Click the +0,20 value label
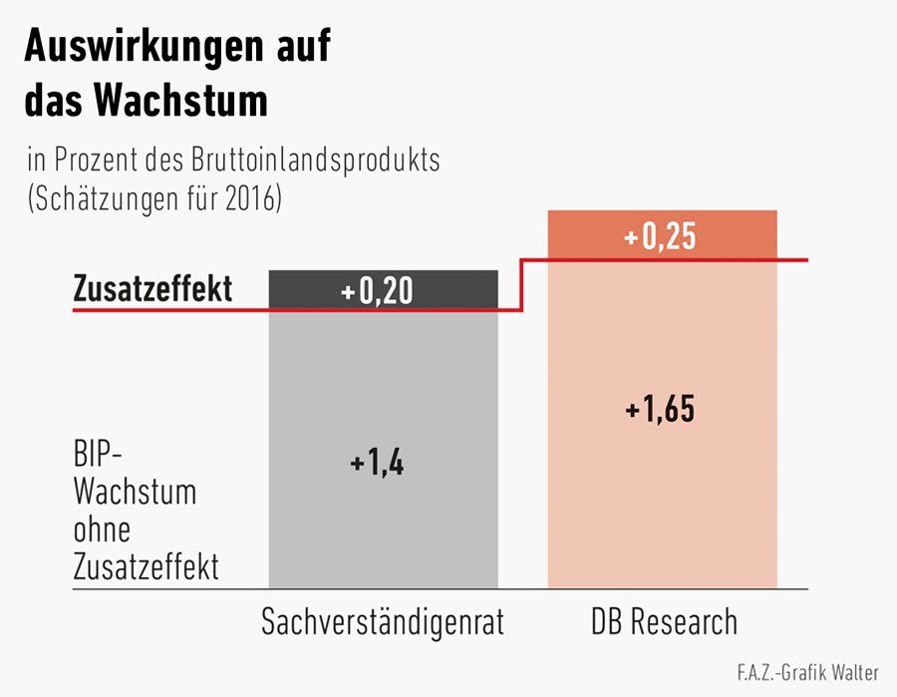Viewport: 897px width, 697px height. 377,291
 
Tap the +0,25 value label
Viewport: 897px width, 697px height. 658,239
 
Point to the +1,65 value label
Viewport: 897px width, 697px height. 660,410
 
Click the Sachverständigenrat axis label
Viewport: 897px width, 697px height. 383,622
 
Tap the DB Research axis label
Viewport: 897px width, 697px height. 663,622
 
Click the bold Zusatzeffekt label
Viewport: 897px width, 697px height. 152,289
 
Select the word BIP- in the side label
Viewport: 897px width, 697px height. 98,457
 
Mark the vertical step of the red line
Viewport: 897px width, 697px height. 522,285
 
